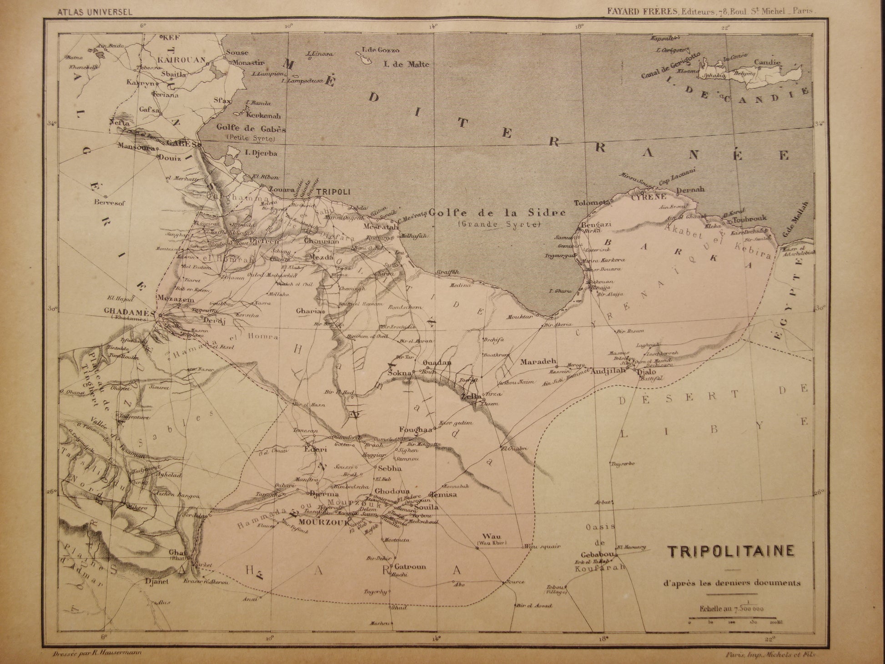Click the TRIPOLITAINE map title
pyautogui.click(x=730, y=551)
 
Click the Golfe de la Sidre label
pyautogui.click(x=497, y=212)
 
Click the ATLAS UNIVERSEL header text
pyautogui.click(x=95, y=12)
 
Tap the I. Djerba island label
pyautogui.click(x=261, y=153)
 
